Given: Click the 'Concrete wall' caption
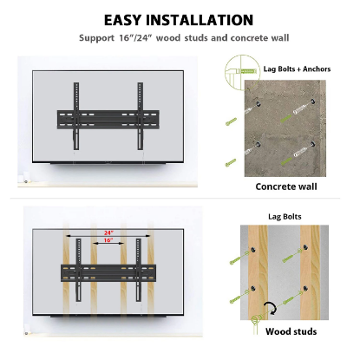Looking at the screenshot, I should point(285,186).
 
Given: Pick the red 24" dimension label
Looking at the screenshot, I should point(107,233).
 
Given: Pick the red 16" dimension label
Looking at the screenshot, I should point(107,241).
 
